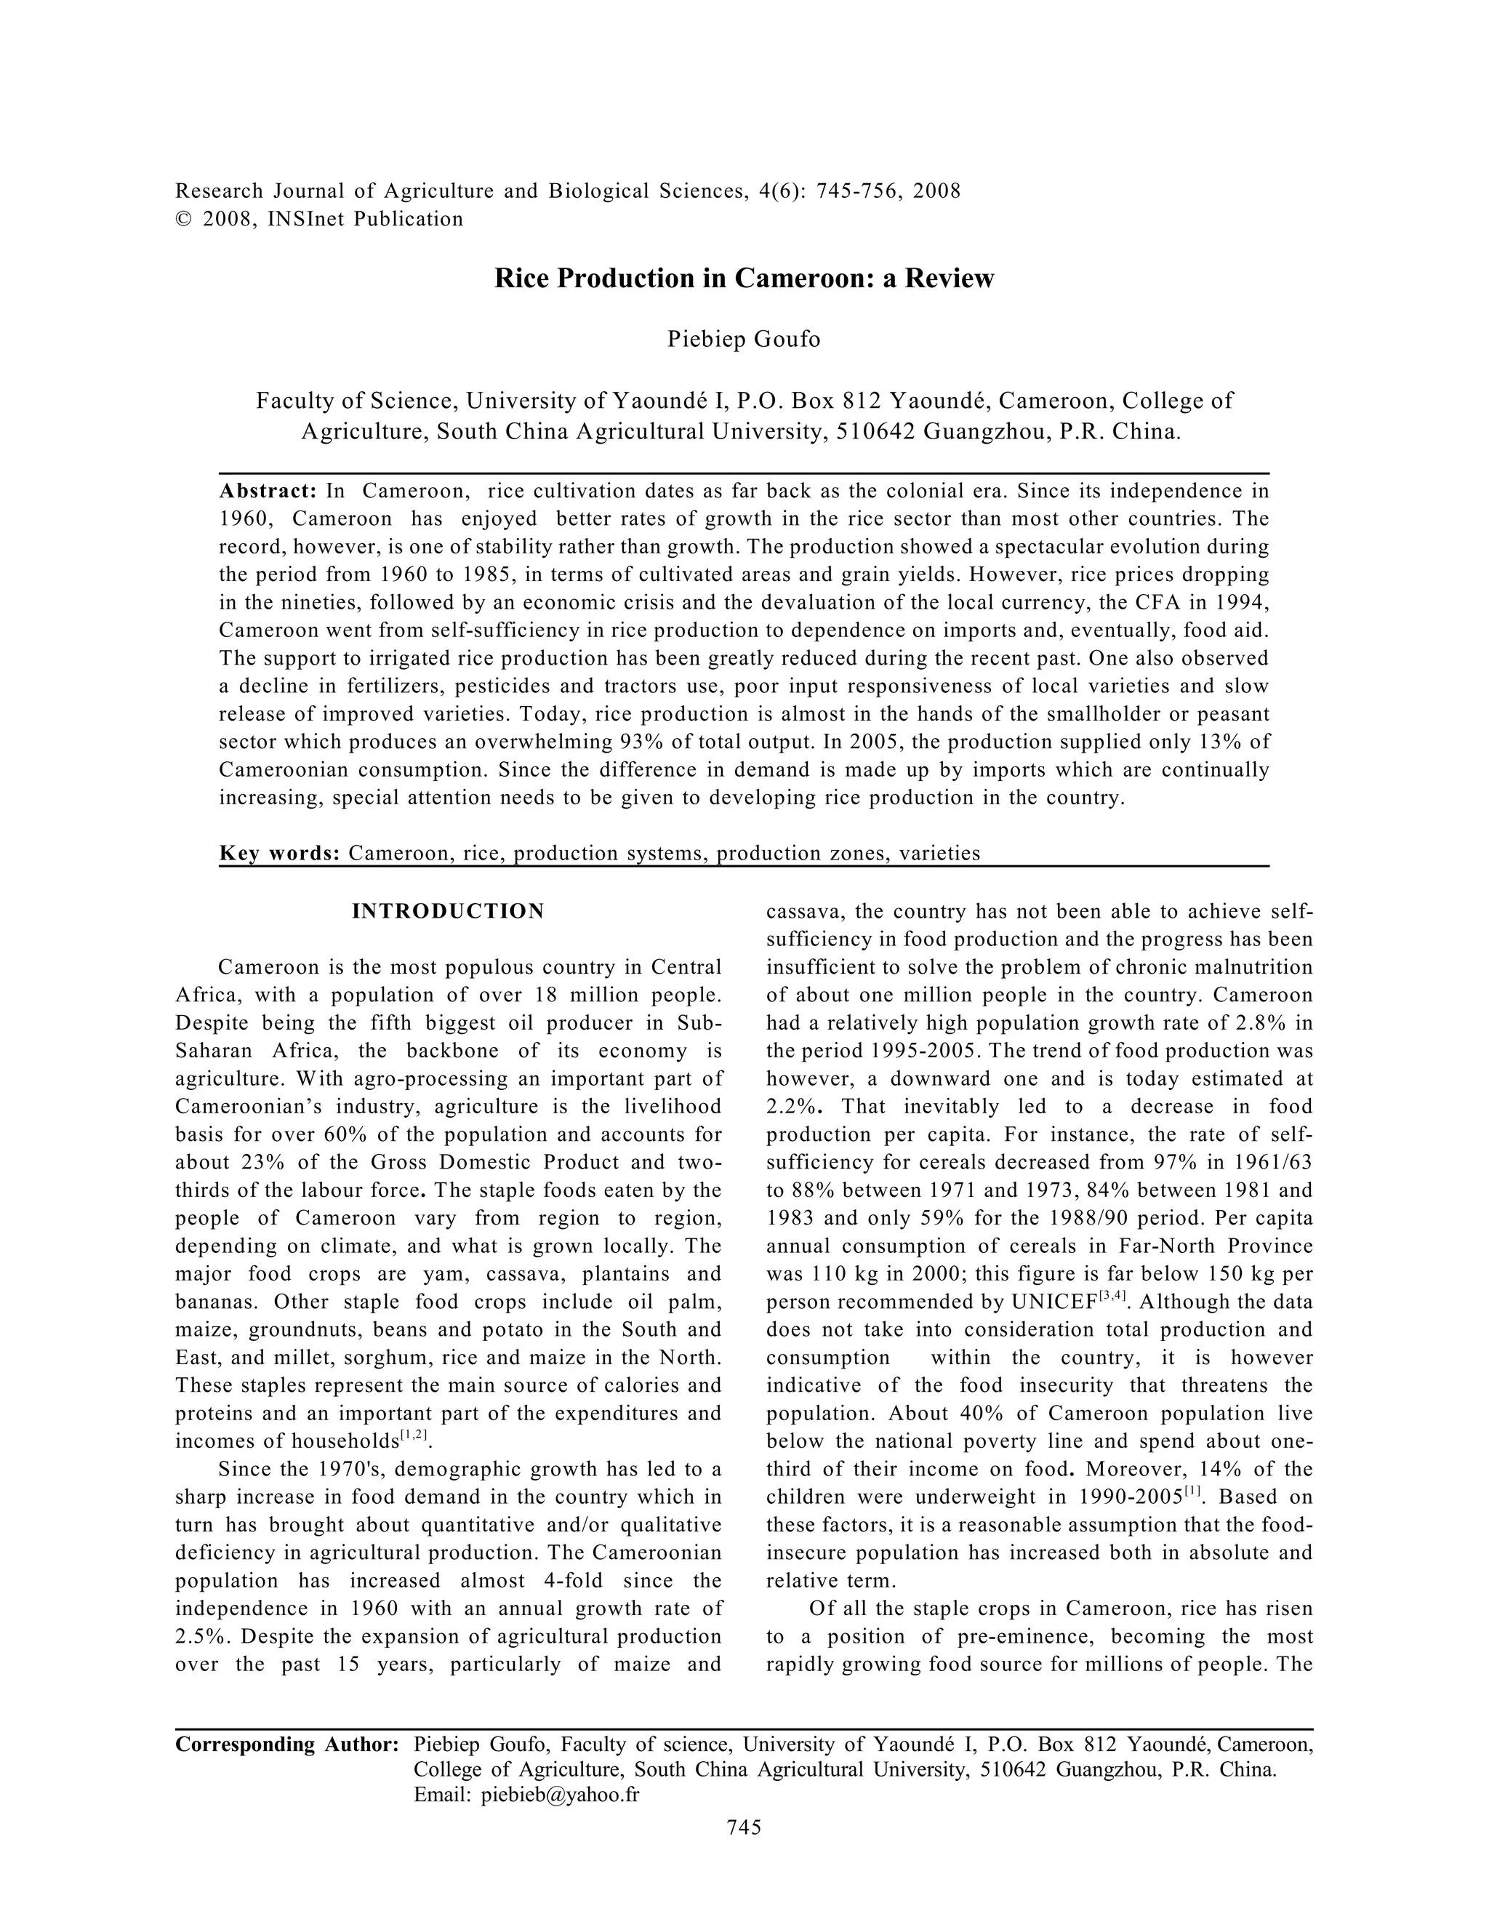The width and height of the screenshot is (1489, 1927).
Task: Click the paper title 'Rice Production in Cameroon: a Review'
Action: tap(744, 279)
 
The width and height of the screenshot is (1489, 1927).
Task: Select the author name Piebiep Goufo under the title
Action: tap(744, 340)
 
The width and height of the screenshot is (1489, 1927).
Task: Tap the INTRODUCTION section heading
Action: tap(448, 911)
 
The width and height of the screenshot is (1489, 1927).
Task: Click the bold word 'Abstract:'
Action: tap(268, 491)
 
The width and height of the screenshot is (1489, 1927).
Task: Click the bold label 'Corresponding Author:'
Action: tap(288, 1744)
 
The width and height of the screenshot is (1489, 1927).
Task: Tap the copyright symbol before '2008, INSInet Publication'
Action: tap(183, 220)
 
